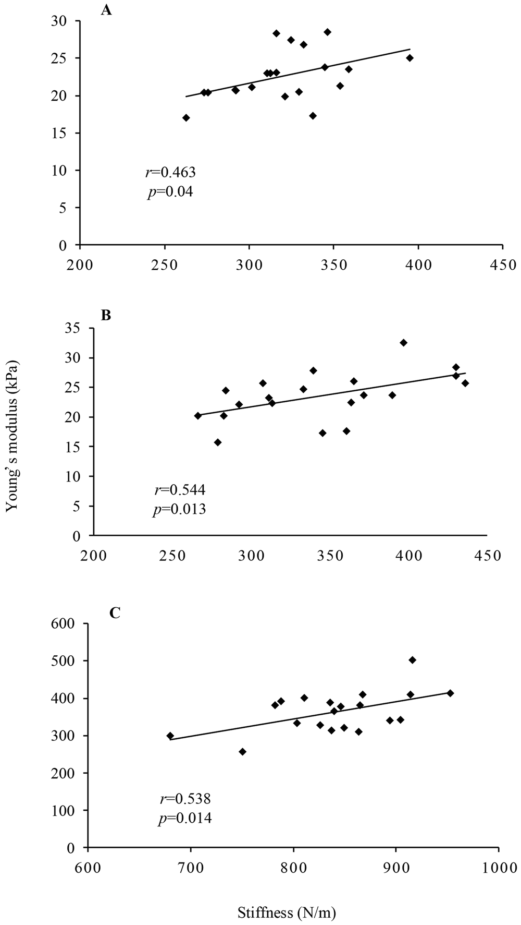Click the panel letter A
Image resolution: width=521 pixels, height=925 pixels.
coord(106,10)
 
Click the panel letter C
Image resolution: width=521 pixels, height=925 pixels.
coord(115,613)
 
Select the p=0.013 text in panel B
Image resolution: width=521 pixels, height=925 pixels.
coord(179,509)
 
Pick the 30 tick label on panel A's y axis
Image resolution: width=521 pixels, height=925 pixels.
coord(64,21)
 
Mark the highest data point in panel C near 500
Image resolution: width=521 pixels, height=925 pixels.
coord(412,660)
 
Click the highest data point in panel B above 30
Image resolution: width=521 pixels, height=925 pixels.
coord(403,343)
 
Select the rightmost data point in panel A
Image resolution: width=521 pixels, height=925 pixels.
coord(410,58)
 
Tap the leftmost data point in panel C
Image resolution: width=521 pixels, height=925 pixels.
coord(170,736)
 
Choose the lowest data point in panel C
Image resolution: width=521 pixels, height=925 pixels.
coord(242,752)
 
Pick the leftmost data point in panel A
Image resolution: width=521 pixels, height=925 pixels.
coord(186,118)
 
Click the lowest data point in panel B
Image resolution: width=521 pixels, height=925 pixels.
coord(218,442)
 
